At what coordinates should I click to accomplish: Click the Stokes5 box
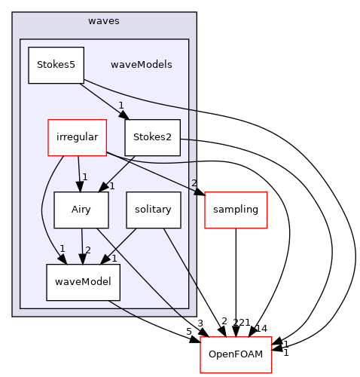coord(56,65)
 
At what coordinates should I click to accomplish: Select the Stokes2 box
coord(152,137)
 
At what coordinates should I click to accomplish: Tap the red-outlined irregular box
coord(77,137)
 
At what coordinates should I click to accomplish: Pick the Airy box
coord(81,210)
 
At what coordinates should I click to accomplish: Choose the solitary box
coord(154,210)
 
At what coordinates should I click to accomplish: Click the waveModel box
coord(83,282)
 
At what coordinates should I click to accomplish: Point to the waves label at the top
coord(104,21)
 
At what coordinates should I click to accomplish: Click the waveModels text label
coord(142,65)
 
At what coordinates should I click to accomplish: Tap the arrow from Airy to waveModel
coord(82,246)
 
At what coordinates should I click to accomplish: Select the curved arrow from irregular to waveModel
coord(45,211)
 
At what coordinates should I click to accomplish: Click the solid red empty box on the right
coord(236,210)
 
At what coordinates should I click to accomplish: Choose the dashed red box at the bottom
coord(236,354)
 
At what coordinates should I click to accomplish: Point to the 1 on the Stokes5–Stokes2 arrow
coord(121,106)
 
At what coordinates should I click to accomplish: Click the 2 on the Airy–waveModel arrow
coord(88,250)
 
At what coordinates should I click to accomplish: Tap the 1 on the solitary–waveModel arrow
coord(114,258)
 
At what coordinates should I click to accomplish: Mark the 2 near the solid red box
coord(194,183)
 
